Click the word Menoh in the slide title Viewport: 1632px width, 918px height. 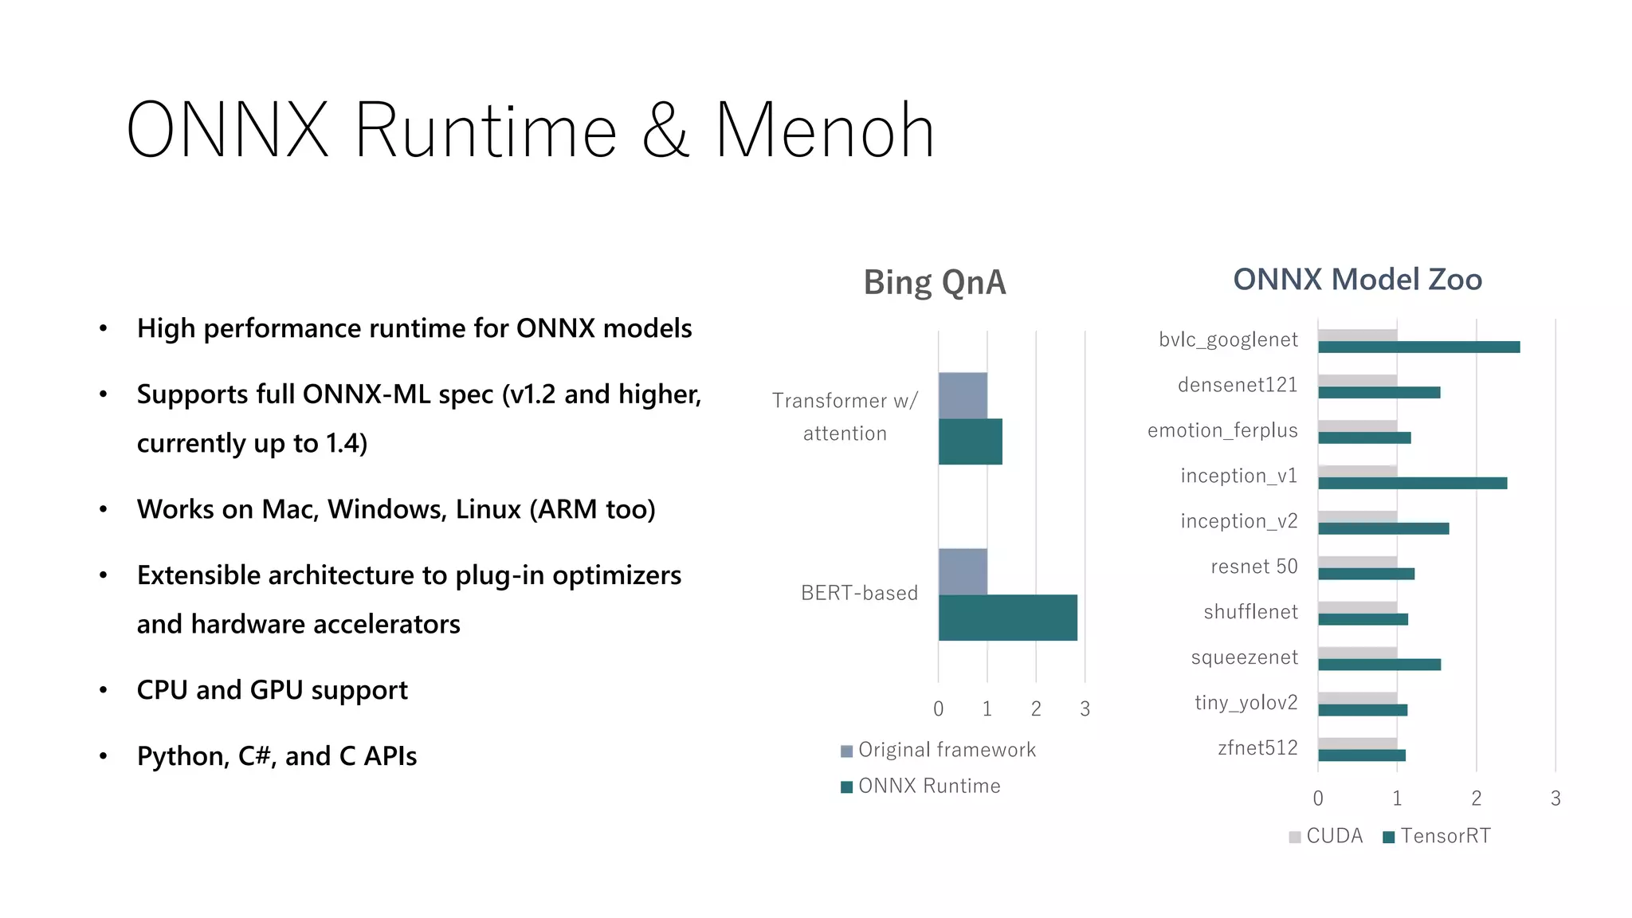coord(824,131)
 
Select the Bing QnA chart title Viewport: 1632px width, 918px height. coord(935,282)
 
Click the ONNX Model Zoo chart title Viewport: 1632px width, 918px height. coord(1357,280)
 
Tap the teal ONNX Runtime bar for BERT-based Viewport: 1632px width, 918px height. coord(1007,618)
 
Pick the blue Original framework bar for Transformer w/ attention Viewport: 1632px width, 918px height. coord(963,395)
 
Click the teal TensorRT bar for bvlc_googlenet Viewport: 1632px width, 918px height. coord(1418,347)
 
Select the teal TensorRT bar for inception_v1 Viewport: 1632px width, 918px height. coord(1412,484)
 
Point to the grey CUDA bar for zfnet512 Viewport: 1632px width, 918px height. coord(1357,743)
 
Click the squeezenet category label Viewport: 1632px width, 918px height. coord(1244,657)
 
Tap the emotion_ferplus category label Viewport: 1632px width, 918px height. coord(1222,430)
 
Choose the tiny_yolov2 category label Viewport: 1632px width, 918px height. coord(1246,703)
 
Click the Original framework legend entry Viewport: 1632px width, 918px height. coord(938,750)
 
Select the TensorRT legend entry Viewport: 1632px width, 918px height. coord(1436,836)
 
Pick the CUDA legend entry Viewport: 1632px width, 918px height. coord(1326,836)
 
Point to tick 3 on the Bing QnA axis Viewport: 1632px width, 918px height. coord(1085,708)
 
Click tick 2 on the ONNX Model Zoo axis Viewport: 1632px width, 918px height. coord(1476,798)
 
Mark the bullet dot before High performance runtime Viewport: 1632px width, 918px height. coord(103,328)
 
